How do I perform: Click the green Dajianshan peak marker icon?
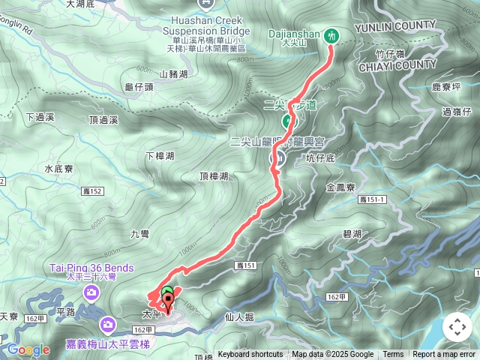[x=331, y=34]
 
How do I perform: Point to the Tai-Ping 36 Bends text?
[x=91, y=268]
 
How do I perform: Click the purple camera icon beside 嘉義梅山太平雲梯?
[x=108, y=324]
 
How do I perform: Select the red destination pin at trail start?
[x=168, y=304]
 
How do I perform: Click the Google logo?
[x=28, y=349]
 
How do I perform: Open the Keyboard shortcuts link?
[x=250, y=355]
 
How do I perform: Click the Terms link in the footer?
[x=393, y=355]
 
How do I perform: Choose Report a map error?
[x=444, y=355]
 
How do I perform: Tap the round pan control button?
[x=457, y=327]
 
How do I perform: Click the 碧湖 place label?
[x=352, y=235]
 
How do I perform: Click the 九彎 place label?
[x=140, y=234]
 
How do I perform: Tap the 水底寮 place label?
[x=58, y=169]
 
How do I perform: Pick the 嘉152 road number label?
[x=92, y=192]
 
